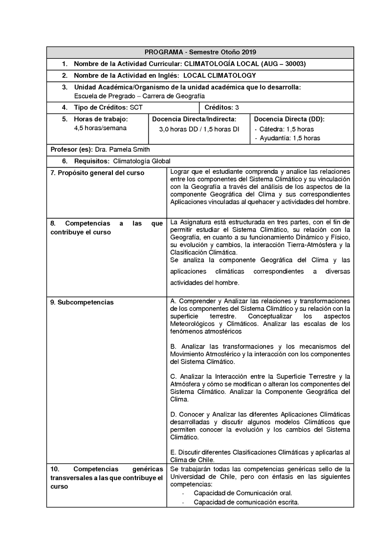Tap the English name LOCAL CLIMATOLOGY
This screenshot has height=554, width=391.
pos(219,75)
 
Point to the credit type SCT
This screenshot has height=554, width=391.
pos(136,107)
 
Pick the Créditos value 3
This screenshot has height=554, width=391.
pos(237,107)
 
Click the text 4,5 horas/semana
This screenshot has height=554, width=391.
pos(100,128)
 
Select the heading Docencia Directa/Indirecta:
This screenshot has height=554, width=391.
pos(194,119)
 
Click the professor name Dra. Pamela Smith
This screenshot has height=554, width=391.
pos(122,149)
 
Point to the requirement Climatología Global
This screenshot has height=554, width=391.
pos(142,161)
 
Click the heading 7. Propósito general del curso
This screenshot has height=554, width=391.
pos(98,173)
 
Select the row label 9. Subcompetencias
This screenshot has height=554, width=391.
pos(82,302)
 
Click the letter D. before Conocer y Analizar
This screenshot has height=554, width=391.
pos(174,414)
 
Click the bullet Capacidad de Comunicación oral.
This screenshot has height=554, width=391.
pos(243,493)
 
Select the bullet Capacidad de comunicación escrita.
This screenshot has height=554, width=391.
pos(246,502)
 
